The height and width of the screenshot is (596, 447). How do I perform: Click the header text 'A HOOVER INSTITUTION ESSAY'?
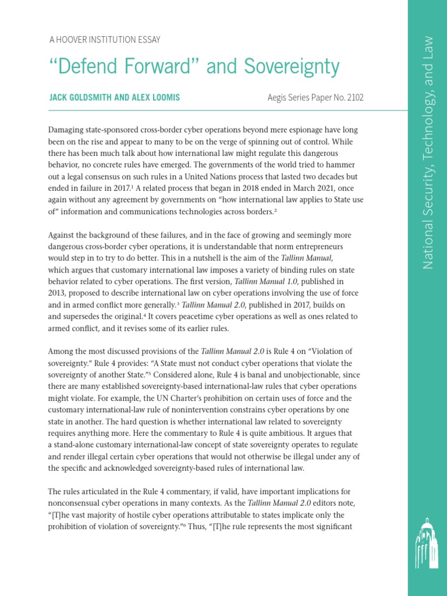pos(104,40)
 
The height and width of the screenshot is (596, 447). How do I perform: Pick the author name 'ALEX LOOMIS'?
pos(156,98)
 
